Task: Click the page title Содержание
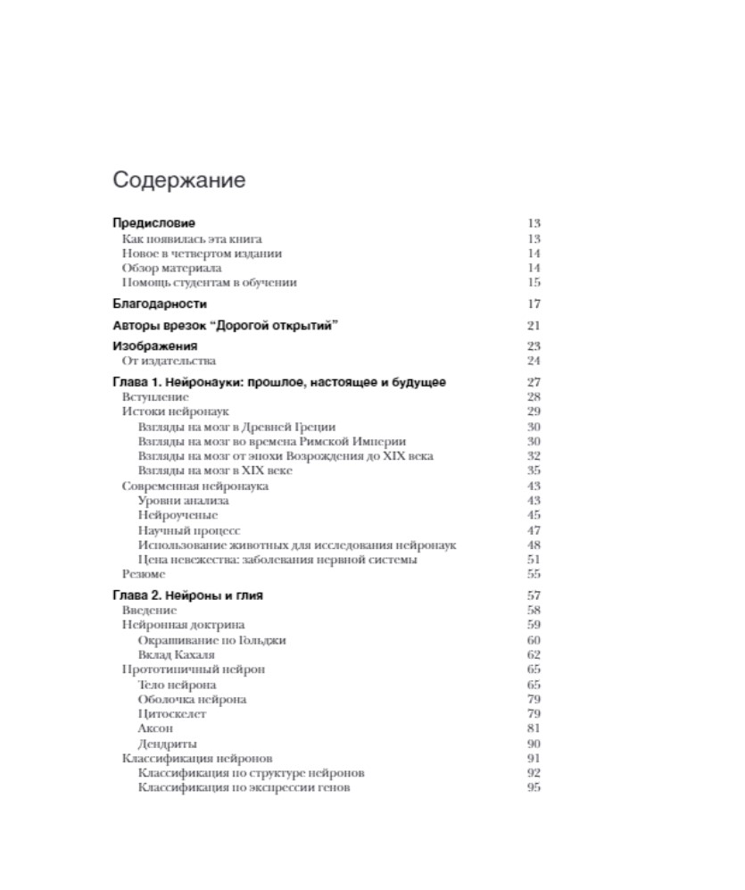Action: [178, 180]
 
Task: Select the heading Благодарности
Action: [160, 304]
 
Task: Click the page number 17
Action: [534, 304]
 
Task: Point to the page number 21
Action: [534, 326]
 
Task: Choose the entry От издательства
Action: [169, 361]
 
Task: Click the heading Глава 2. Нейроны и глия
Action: [187, 595]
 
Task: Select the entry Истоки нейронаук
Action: [175, 412]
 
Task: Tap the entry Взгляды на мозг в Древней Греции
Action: [236, 427]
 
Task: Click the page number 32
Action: [534, 456]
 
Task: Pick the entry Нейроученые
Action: [178, 515]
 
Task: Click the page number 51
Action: [534, 560]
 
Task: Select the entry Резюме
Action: [144, 574]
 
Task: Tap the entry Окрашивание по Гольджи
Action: [211, 640]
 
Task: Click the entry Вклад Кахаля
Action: [177, 654]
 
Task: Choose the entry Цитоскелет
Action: [172, 714]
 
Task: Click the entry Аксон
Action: [155, 728]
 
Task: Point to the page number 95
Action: [534, 788]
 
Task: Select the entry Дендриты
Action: [167, 744]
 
